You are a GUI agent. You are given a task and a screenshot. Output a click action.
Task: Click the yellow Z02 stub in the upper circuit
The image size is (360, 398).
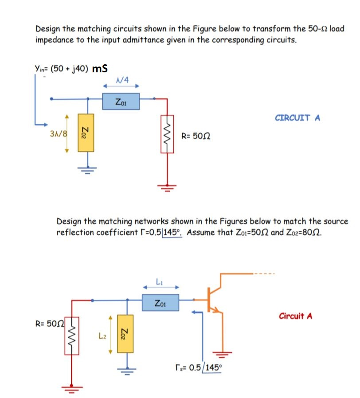point(85,132)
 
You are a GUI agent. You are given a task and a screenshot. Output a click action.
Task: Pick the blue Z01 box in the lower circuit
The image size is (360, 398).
point(160,303)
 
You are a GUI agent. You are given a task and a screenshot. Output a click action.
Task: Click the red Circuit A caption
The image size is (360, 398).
point(296,316)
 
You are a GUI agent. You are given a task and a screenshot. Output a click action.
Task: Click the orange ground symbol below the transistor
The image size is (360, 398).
point(221,353)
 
